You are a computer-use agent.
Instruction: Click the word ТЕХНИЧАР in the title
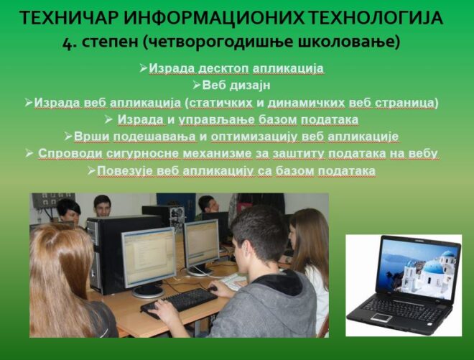point(69,17)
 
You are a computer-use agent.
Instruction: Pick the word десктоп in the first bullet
point(223,68)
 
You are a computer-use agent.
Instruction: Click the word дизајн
point(249,86)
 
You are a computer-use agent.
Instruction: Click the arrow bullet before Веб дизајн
point(197,86)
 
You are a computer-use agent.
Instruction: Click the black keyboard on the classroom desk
point(179,303)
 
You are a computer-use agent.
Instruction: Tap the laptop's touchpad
point(381,318)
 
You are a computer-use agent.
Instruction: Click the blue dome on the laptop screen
point(432,268)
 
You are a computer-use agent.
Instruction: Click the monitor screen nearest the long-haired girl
point(149,257)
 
